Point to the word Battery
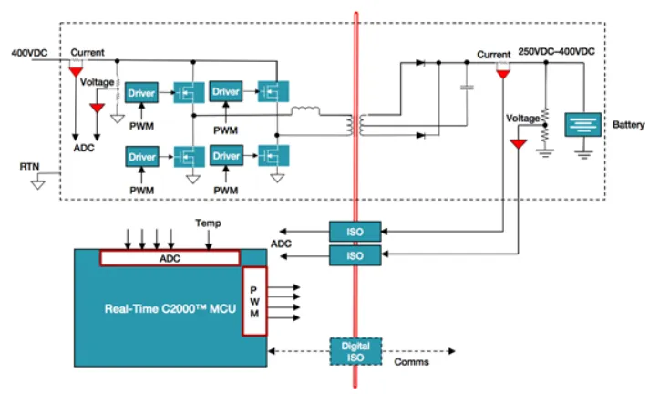coord(629,123)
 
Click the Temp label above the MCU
coord(207,223)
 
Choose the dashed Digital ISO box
coord(355,351)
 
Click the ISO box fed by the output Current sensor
coord(355,233)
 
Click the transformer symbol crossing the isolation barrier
coord(355,123)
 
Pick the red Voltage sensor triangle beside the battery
coord(518,144)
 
